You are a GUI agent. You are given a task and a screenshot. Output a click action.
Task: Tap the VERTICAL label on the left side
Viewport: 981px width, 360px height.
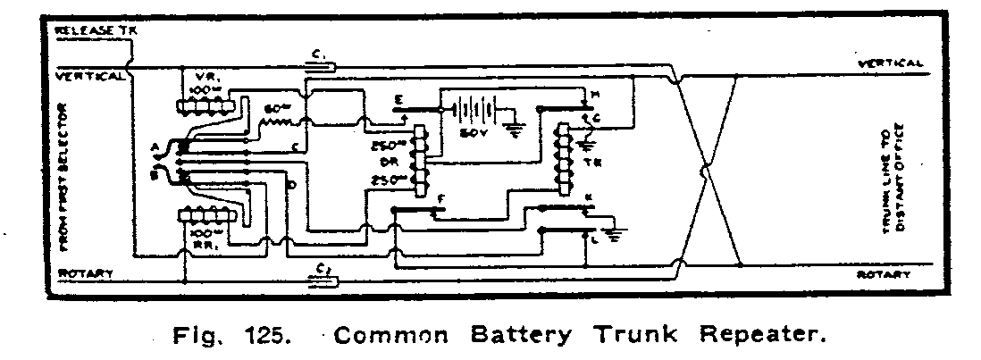tap(90, 76)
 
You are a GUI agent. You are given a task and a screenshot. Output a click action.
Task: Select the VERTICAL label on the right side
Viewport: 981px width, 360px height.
tap(889, 63)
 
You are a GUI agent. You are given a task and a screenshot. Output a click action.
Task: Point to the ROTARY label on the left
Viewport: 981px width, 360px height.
tap(85, 274)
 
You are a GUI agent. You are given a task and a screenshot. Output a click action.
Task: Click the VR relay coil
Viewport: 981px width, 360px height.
tap(211, 106)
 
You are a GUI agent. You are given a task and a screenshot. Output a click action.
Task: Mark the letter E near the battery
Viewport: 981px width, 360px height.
tap(397, 101)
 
